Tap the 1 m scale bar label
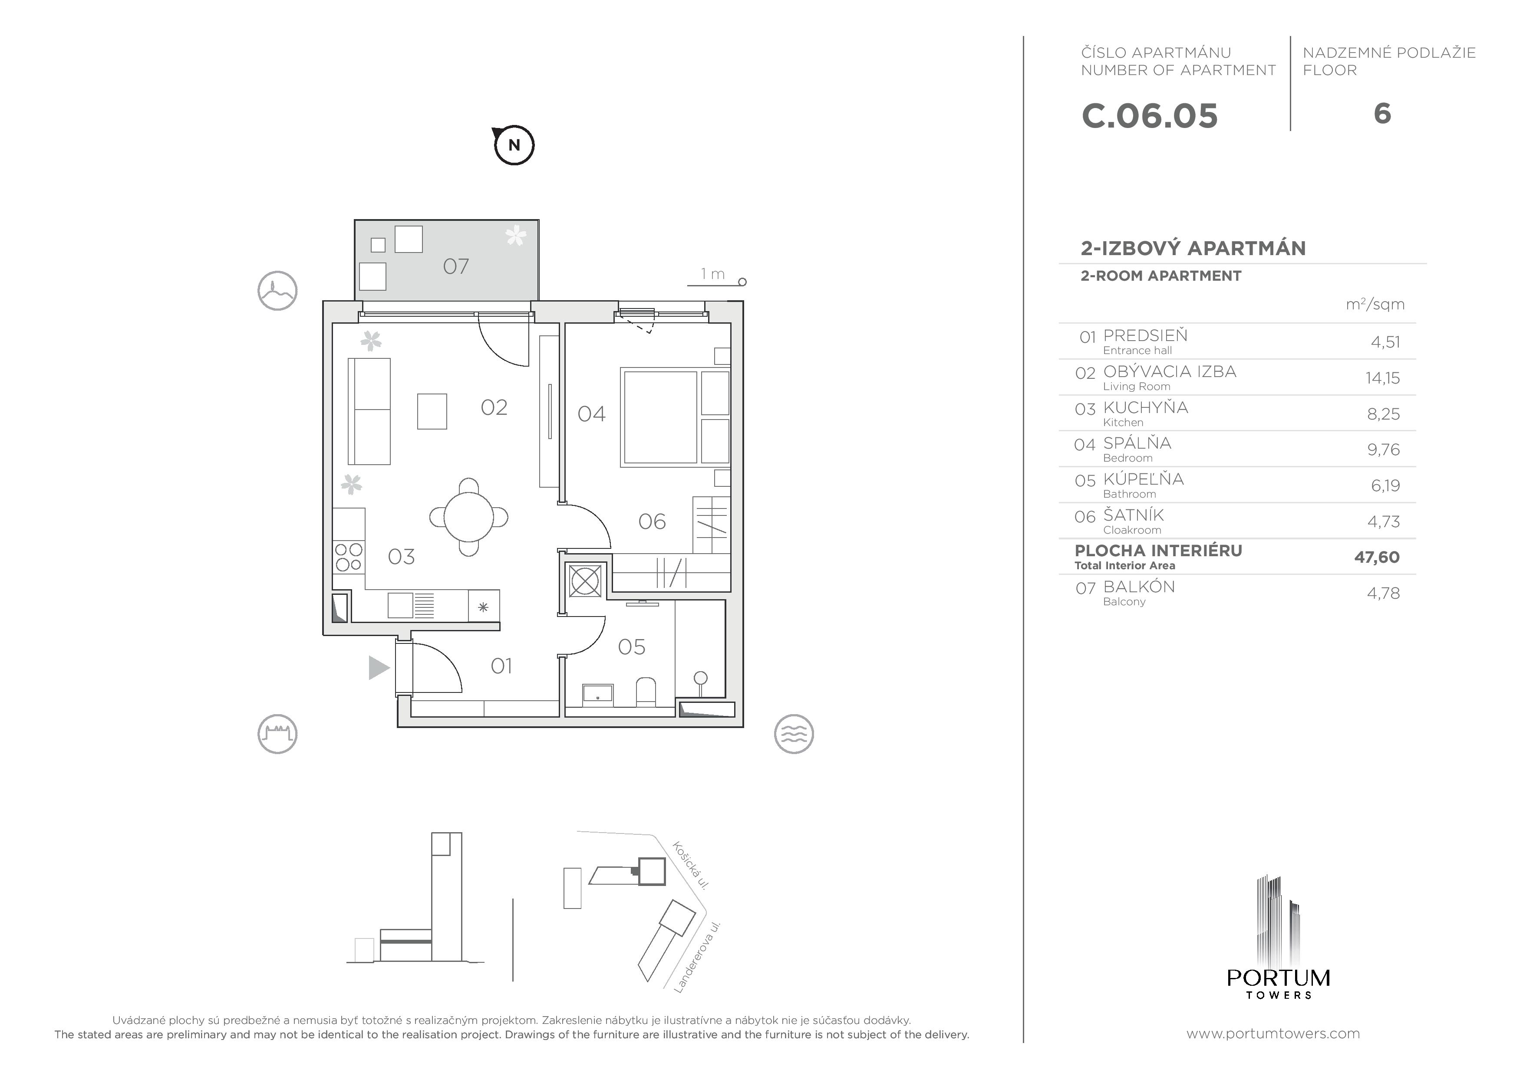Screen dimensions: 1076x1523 (x=712, y=274)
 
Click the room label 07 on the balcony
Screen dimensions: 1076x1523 (x=456, y=266)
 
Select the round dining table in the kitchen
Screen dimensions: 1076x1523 (x=469, y=517)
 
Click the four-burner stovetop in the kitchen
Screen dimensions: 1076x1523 (x=348, y=557)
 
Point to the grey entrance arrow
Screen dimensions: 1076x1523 (x=378, y=668)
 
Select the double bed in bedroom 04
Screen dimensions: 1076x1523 (x=660, y=417)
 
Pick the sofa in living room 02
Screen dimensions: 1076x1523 (x=369, y=411)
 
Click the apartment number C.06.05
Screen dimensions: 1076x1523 (x=1150, y=116)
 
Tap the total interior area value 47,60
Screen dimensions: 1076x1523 (x=1376, y=558)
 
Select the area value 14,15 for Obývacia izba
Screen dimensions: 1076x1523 (x=1382, y=378)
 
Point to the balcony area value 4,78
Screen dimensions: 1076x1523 (x=1383, y=594)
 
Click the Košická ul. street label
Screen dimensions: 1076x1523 (x=691, y=865)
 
